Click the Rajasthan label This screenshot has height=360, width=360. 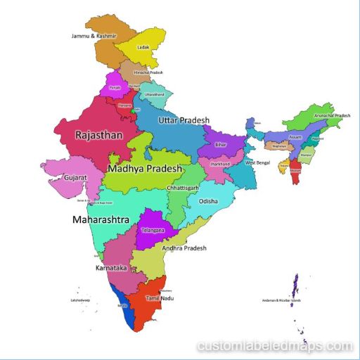click(x=98, y=134)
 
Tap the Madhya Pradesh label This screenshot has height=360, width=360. click(x=145, y=169)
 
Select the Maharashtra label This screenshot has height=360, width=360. click(x=101, y=219)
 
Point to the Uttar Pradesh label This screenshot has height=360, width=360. click(x=184, y=121)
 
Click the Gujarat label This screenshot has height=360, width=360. click(x=75, y=178)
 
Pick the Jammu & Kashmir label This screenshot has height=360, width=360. click(x=94, y=35)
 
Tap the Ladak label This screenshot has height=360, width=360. click(x=143, y=48)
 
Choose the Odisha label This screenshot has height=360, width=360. click(x=209, y=201)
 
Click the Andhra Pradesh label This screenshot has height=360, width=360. click(x=185, y=247)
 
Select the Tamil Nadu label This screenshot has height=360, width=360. click(x=159, y=298)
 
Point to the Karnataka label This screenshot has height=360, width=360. click(x=110, y=268)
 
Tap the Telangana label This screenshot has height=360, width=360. click(x=153, y=230)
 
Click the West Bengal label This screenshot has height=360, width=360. click(x=257, y=162)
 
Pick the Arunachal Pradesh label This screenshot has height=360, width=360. click(x=332, y=115)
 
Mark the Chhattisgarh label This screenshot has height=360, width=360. click(x=183, y=188)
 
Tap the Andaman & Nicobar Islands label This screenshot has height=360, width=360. click(x=282, y=300)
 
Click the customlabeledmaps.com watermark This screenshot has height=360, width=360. click(x=275, y=346)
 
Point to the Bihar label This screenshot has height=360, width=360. click(x=221, y=144)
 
